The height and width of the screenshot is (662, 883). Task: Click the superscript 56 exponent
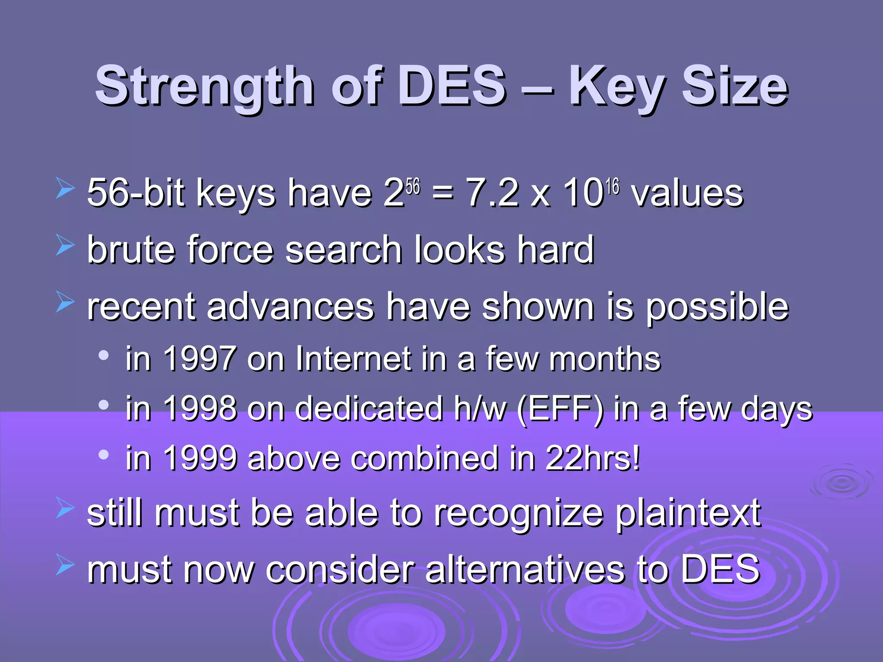tap(413, 186)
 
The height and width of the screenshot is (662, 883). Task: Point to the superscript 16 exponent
tap(612, 186)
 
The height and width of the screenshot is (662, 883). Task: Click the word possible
tap(717, 307)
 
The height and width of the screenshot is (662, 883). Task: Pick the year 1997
tap(200, 359)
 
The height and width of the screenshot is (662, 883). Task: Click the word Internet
tap(353, 359)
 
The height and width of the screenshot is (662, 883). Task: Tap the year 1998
tap(200, 408)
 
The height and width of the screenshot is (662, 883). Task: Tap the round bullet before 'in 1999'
tap(103, 454)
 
